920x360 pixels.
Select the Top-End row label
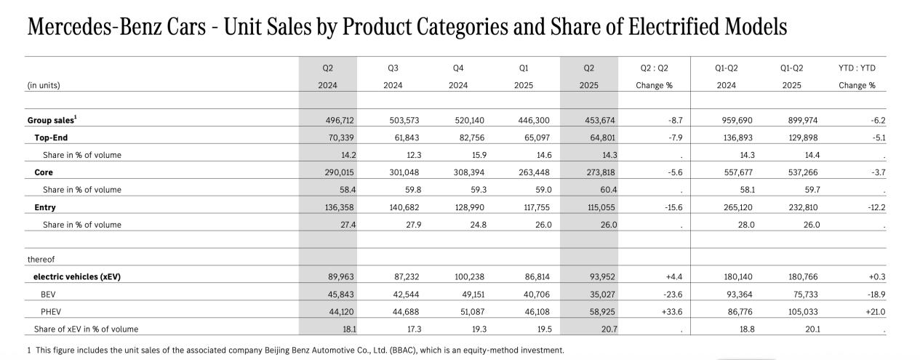(x=51, y=137)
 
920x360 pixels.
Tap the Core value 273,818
(x=601, y=172)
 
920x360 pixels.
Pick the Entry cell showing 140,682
(x=404, y=207)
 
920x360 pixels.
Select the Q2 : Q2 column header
(x=654, y=68)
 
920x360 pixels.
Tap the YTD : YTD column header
(x=857, y=68)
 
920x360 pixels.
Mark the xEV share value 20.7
(x=608, y=329)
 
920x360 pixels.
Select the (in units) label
(x=44, y=85)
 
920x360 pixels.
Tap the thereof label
(x=41, y=260)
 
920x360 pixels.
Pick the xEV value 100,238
(x=468, y=277)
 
